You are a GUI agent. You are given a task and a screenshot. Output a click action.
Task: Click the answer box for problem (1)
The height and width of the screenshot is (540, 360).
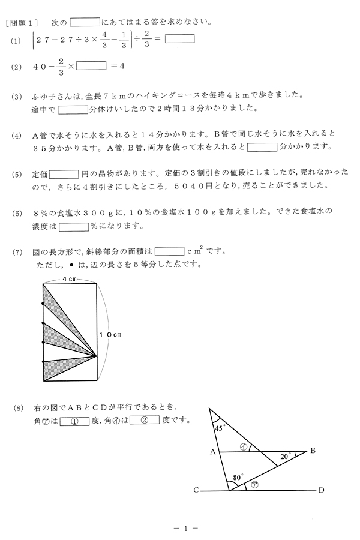pos(180,40)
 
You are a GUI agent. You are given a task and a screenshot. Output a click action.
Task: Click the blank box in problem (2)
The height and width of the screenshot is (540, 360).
pos(91,66)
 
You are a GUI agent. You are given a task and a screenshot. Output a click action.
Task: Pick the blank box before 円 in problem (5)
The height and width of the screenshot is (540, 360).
pos(64,174)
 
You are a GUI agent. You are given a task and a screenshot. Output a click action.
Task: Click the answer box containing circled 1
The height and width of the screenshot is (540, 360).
pos(74,421)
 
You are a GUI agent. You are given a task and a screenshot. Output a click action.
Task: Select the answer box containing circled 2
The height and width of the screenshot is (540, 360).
pos(145,421)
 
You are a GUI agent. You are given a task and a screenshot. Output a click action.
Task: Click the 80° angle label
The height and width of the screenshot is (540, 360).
pos(238,478)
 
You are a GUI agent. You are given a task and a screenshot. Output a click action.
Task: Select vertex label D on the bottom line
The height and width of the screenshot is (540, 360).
pos(321,491)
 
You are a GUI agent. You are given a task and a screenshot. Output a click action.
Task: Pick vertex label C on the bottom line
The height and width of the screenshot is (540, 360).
pos(196,491)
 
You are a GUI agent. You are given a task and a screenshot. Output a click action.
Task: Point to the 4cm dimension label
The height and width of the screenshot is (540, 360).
pos(69,280)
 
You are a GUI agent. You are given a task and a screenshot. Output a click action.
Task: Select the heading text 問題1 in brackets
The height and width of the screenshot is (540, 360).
pos(22,25)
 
